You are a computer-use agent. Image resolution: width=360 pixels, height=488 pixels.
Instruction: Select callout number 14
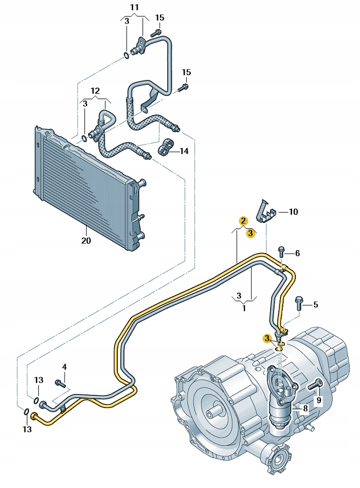coord(183,151)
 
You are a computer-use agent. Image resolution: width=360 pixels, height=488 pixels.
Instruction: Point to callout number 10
coord(294,211)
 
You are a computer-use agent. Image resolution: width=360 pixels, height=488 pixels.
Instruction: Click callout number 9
coord(319,400)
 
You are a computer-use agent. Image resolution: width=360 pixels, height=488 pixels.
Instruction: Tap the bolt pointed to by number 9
coord(312,387)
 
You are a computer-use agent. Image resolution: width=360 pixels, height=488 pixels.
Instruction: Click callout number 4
coord(64,366)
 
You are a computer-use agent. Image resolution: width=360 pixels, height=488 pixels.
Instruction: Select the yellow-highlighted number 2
coord(242,221)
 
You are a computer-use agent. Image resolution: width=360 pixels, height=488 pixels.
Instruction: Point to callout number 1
coord(244,308)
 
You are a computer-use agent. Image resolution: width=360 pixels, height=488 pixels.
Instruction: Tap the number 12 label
coord(95,90)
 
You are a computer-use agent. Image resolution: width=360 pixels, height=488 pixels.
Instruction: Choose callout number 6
coord(298,253)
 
